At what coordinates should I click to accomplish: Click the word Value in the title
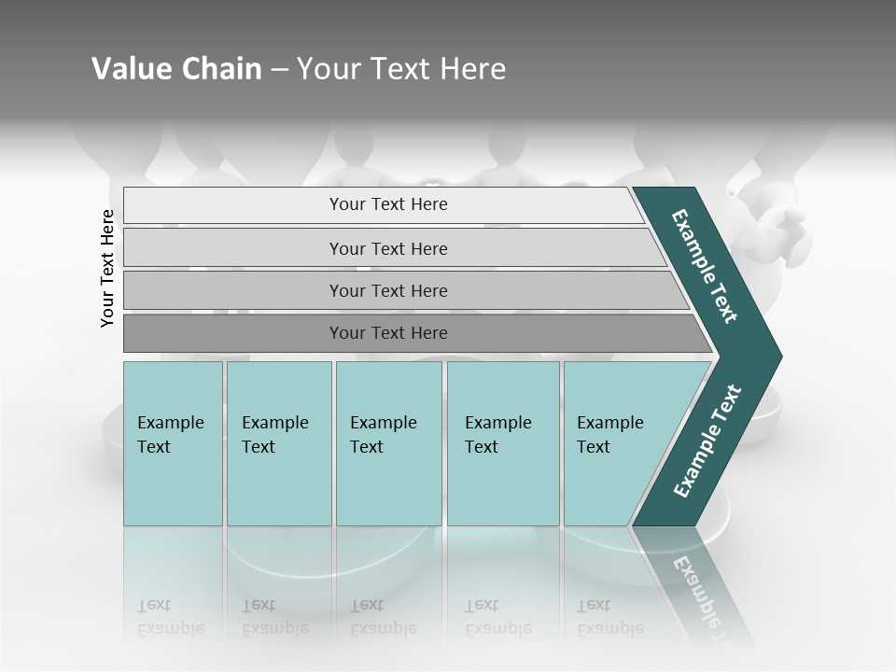(x=132, y=69)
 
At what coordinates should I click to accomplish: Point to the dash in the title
(x=279, y=70)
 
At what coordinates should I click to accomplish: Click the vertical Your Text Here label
(x=107, y=268)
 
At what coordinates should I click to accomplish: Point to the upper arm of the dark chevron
(x=706, y=267)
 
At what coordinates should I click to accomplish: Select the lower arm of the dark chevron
(x=706, y=442)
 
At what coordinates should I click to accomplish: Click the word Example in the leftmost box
(x=170, y=423)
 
